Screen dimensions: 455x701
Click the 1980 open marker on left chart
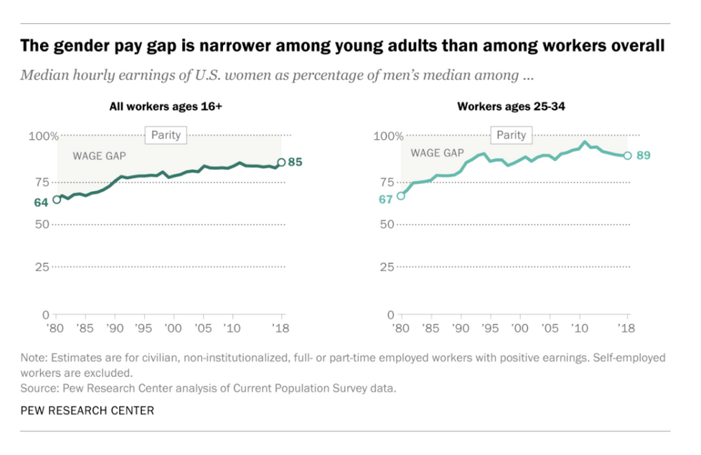(57, 199)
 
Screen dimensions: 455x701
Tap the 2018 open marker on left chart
(282, 162)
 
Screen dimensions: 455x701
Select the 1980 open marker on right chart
(401, 195)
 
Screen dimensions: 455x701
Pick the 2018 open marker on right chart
(627, 156)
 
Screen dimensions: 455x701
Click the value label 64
(41, 202)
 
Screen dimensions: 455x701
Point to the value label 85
(295, 162)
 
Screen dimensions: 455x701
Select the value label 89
(643, 155)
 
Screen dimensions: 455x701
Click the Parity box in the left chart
(166, 135)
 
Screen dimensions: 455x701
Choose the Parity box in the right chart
(511, 135)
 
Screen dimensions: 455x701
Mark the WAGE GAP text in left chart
(99, 156)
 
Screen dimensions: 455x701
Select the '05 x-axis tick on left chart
(203, 328)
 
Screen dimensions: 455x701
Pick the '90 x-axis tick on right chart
(461, 328)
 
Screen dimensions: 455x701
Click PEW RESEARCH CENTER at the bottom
(87, 410)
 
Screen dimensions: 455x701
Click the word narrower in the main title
(199, 47)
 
